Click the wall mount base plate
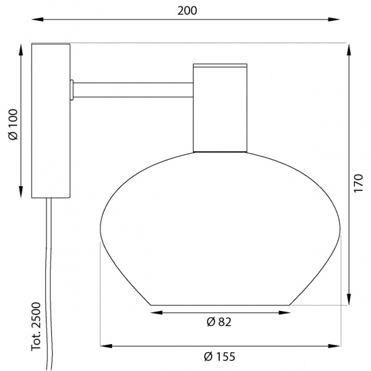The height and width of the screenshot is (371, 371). click(x=51, y=120)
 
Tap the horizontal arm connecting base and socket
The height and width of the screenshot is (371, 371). click(x=132, y=88)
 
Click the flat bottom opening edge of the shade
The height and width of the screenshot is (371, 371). click(x=220, y=305)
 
